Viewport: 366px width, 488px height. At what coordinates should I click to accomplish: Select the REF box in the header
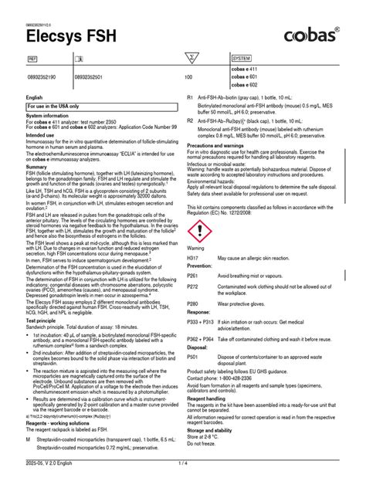click(32, 58)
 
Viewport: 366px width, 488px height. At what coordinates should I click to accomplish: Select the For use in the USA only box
click(54, 105)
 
